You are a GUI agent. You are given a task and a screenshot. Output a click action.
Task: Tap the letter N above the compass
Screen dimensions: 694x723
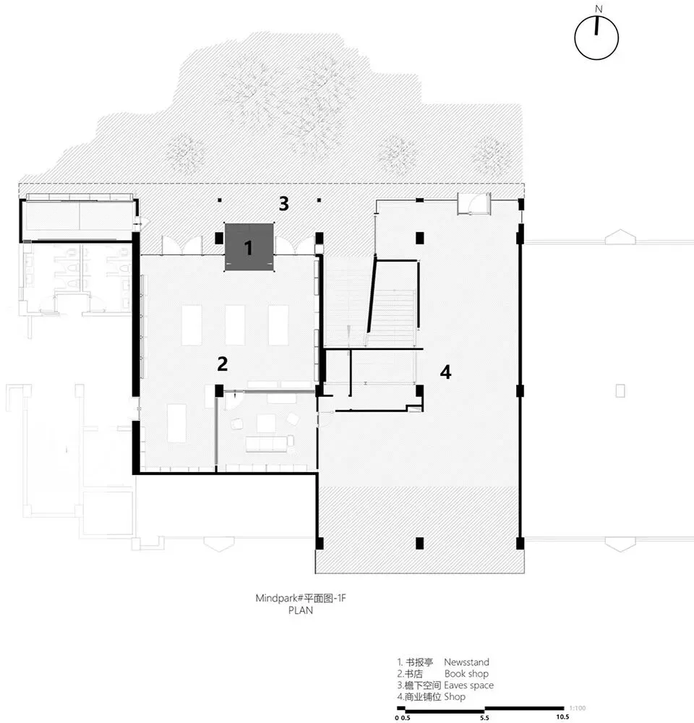pyautogui.click(x=599, y=9)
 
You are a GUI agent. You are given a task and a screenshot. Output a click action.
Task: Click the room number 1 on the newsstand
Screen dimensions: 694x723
pyautogui.click(x=249, y=248)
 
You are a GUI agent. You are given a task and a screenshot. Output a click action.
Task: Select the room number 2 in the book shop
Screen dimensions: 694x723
pyautogui.click(x=222, y=364)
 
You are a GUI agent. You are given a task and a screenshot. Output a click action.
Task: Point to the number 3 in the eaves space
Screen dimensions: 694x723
pyautogui.click(x=283, y=203)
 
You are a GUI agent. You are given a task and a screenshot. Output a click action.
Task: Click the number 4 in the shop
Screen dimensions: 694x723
pyautogui.click(x=445, y=372)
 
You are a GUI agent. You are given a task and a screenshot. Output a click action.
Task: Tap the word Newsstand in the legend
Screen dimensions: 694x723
pyautogui.click(x=466, y=662)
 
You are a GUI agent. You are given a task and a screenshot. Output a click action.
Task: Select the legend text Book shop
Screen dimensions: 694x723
pyautogui.click(x=466, y=674)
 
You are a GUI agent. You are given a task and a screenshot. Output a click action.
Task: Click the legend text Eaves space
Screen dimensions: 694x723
pyautogui.click(x=468, y=685)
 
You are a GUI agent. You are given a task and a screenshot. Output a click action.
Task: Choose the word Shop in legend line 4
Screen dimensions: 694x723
pyautogui.click(x=455, y=697)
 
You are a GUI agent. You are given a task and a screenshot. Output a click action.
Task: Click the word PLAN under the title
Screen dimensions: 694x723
pyautogui.click(x=301, y=610)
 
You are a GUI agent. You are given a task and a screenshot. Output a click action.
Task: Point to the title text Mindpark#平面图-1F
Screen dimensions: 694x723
pyautogui.click(x=301, y=598)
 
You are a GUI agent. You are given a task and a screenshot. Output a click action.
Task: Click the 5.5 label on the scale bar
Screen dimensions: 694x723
pyautogui.click(x=484, y=718)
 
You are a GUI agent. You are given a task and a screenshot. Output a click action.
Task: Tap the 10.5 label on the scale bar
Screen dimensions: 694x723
pyautogui.click(x=562, y=717)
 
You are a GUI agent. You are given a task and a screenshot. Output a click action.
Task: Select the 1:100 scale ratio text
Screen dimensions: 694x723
pyautogui.click(x=578, y=708)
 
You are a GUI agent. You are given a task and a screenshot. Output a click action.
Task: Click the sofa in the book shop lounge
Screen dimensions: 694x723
pyautogui.click(x=270, y=443)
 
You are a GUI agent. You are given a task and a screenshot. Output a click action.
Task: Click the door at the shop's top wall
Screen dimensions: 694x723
pyautogui.click(x=474, y=204)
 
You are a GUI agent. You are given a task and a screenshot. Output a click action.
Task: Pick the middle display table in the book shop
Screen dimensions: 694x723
pyautogui.click(x=235, y=325)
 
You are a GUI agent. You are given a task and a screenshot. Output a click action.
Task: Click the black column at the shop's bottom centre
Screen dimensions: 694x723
pyautogui.click(x=419, y=543)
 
